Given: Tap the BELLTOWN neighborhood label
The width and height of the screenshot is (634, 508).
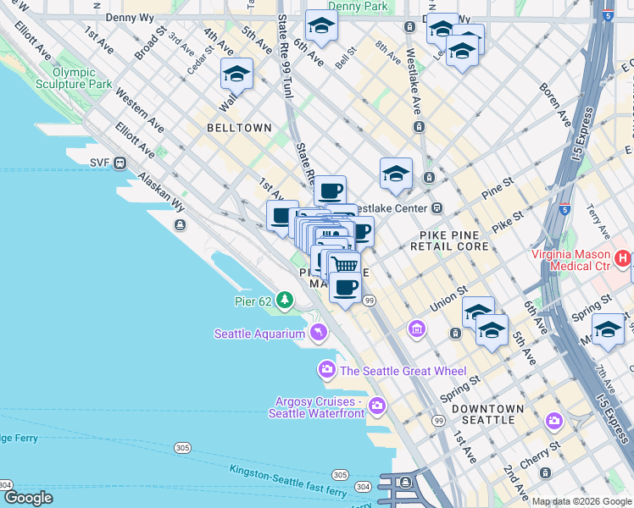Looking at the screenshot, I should [240, 128].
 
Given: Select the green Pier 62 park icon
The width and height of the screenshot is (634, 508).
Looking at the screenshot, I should [285, 300].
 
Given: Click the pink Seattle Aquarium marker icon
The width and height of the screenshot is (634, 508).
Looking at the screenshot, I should [317, 332].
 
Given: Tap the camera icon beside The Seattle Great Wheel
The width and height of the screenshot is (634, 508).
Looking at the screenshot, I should [326, 370].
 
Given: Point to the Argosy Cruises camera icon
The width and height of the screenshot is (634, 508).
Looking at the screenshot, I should [377, 406].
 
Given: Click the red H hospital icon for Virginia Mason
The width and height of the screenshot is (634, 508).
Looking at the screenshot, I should [623, 258].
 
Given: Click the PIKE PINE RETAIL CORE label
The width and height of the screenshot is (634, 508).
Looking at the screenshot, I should [454, 240].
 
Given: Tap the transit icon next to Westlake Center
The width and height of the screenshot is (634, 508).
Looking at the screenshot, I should [437, 207].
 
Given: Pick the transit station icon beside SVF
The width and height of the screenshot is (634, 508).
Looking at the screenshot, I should [120, 163].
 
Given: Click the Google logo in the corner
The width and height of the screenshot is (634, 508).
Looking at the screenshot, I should [29, 498].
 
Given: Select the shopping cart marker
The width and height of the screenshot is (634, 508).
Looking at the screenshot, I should [344, 264].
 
